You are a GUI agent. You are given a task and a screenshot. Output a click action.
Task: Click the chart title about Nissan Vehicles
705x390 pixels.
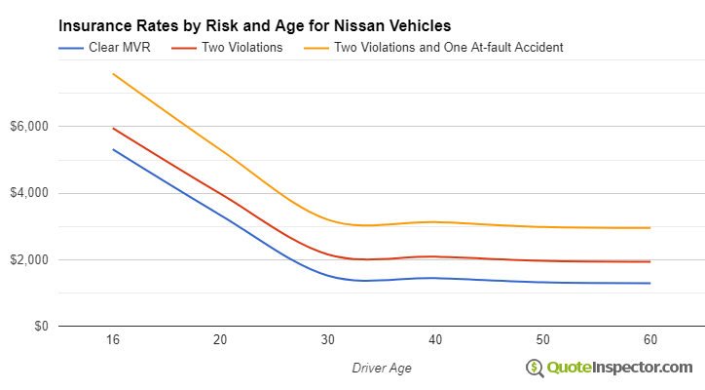[255, 24]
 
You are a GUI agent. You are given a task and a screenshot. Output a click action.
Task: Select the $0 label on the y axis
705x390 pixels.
[39, 327]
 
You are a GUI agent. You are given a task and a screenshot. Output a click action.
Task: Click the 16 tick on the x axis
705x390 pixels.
[113, 339]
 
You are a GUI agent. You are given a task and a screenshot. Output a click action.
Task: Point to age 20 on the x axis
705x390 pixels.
[220, 339]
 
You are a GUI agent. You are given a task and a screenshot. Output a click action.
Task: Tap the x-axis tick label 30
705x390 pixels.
[328, 339]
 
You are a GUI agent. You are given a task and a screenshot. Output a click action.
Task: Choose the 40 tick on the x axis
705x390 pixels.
[435, 339]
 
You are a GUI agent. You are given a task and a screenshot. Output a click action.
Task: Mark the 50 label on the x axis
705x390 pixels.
[542, 339]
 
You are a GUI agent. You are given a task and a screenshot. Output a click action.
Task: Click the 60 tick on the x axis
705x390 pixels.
[649, 339]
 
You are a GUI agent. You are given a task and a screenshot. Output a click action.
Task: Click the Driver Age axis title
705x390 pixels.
[381, 368]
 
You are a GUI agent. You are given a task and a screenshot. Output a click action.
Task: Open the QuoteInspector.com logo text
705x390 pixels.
[618, 368]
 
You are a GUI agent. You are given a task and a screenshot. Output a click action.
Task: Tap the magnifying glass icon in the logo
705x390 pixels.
[534, 368]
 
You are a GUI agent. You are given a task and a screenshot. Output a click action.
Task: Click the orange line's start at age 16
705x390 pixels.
[113, 74]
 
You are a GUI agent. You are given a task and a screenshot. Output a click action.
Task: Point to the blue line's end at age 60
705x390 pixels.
[649, 283]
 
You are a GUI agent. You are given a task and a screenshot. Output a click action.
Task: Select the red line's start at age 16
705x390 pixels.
[113, 128]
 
